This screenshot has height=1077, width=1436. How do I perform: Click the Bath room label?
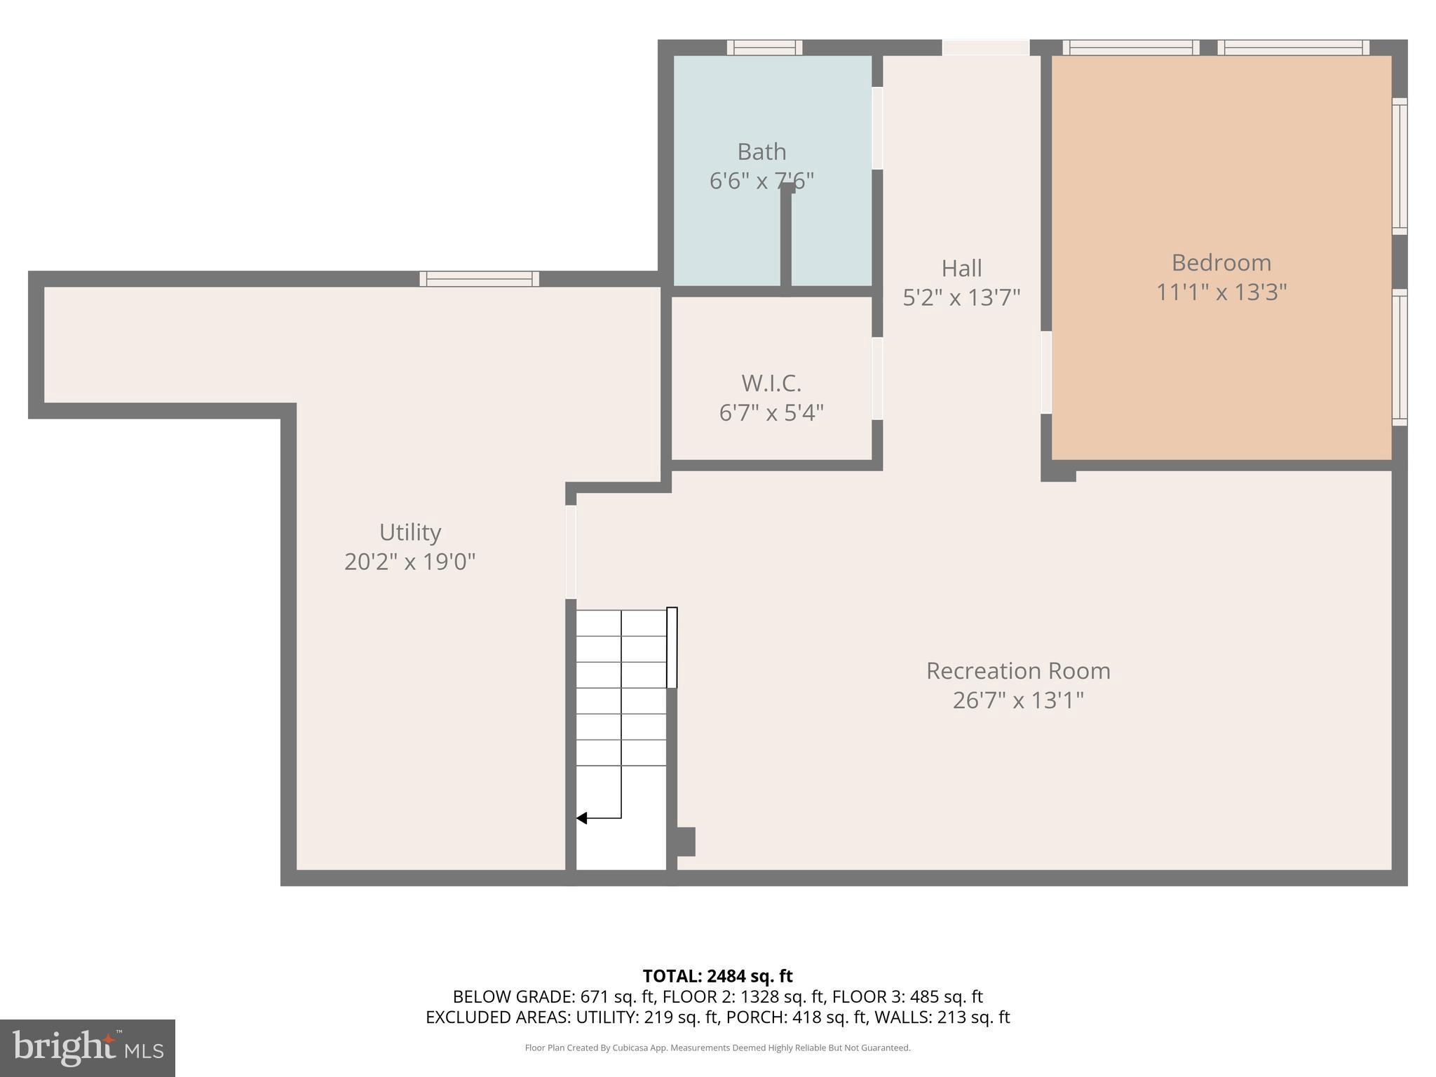761,151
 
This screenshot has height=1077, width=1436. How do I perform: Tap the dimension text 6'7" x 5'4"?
771,412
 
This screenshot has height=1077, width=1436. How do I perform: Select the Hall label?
961,268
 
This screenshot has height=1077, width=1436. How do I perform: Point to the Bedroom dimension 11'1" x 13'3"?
1221,292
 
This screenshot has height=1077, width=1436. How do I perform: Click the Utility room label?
410,532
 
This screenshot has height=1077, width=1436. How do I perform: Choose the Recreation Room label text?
1018,671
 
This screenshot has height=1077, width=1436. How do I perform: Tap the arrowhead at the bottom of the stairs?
582,818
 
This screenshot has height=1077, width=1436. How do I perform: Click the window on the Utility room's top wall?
480,278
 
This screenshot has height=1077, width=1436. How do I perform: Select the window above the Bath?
764,47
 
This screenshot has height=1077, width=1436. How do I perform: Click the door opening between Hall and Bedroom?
1046,372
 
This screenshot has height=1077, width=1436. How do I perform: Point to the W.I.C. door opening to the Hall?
877,379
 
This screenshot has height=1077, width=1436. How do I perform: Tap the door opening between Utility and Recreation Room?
571,552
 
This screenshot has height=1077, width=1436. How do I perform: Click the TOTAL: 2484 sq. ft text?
717,976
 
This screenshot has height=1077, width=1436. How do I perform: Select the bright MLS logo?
88,1048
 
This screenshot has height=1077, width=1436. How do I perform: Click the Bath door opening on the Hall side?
877,128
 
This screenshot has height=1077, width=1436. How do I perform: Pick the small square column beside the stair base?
685,841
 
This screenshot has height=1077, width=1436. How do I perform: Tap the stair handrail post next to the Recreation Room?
672,647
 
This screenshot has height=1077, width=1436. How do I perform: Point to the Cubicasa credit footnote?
717,1048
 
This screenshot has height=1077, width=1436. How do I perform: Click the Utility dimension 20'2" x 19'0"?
410,562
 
